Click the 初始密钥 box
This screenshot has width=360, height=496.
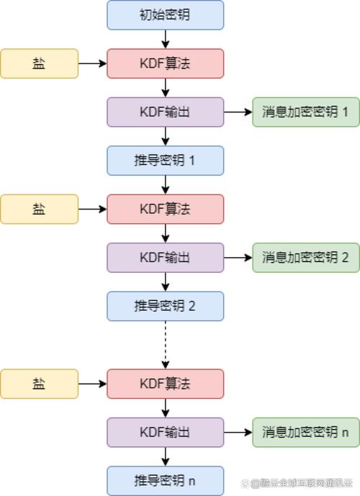coord(165,14)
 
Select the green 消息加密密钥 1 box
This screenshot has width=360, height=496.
coord(305,112)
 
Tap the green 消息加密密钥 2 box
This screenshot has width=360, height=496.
coord(305,257)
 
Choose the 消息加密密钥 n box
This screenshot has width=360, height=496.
coord(305,432)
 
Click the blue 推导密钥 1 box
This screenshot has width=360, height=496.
coord(165,161)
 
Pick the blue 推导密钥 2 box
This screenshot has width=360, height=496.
coord(165,305)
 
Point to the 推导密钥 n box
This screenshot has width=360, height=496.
coord(165,480)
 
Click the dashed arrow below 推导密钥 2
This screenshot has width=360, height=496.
coord(166,344)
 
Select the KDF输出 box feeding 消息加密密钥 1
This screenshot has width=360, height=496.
coord(165,112)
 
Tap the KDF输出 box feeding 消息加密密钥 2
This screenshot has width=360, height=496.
coord(165,257)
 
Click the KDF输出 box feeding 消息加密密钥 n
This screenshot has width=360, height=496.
coord(165,432)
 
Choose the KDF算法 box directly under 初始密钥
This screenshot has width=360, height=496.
coord(165,63)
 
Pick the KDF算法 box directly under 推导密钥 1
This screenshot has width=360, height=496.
coord(165,209)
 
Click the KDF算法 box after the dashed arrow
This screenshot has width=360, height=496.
coord(165,384)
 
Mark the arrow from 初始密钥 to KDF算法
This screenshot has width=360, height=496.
coord(166,39)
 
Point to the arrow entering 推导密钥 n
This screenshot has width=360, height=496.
coord(166,456)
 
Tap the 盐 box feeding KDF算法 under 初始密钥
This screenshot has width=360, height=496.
coord(39,63)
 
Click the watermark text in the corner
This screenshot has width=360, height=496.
coord(302,483)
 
